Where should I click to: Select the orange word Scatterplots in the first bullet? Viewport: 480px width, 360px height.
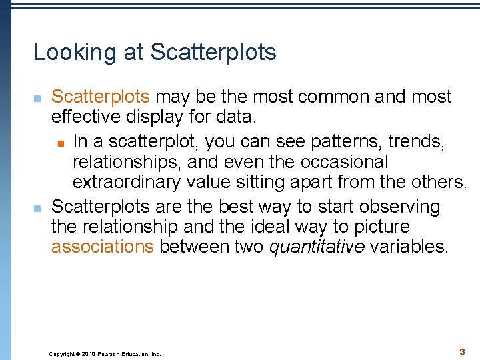tap(101, 97)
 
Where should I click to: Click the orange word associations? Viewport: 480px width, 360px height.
tap(103, 247)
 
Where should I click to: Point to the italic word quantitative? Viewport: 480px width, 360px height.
tap(317, 247)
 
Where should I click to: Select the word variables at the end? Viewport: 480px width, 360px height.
tap(409, 247)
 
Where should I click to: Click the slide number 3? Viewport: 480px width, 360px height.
tap(462, 351)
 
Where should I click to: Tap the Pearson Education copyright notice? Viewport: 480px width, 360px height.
tap(105, 354)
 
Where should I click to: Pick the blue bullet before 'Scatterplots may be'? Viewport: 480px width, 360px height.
tap(37, 99)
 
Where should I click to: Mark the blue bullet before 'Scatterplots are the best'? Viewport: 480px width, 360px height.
tap(37, 207)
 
